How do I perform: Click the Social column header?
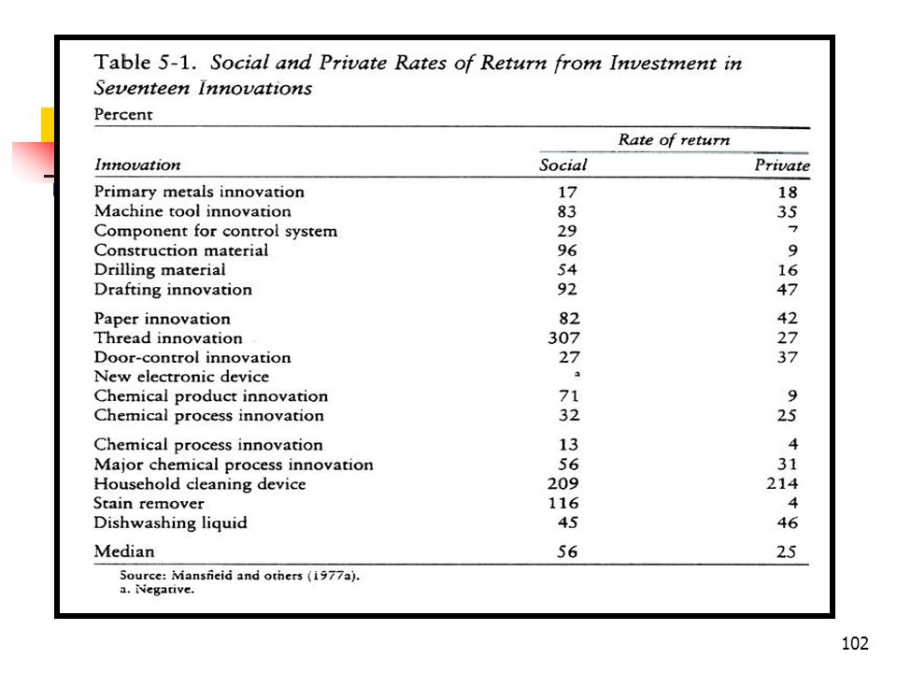pyautogui.click(x=562, y=165)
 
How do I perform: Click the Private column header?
pyautogui.click(x=782, y=165)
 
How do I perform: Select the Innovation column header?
pyautogui.click(x=137, y=165)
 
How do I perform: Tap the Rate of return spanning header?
pyautogui.click(x=674, y=139)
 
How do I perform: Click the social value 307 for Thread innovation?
pyautogui.click(x=564, y=337)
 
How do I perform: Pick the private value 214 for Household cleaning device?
pyautogui.click(x=782, y=483)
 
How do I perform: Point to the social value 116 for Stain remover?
pyautogui.click(x=563, y=503)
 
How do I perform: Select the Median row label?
pyautogui.click(x=124, y=551)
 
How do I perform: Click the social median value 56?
pyautogui.click(x=567, y=551)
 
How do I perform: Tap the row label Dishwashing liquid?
pyautogui.click(x=170, y=523)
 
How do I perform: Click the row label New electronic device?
pyautogui.click(x=181, y=377)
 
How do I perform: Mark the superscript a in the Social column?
pyautogui.click(x=577, y=374)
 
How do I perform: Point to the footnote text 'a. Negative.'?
pyautogui.click(x=157, y=590)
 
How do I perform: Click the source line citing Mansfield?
pyautogui.click(x=240, y=576)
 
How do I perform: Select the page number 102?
pyautogui.click(x=855, y=643)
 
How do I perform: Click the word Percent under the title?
pyautogui.click(x=123, y=114)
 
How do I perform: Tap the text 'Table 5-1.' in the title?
pyautogui.click(x=146, y=63)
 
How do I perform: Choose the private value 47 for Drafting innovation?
pyautogui.click(x=787, y=290)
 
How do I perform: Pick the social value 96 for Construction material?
pyautogui.click(x=567, y=251)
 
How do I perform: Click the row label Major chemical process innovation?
pyautogui.click(x=234, y=465)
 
